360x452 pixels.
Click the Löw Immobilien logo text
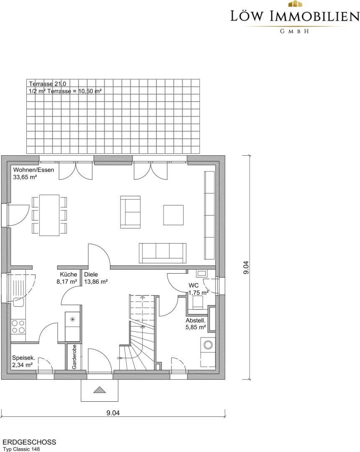(295, 16)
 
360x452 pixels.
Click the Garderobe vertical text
(74, 357)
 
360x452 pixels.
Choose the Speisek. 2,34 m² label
(23, 362)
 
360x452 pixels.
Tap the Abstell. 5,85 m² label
(196, 324)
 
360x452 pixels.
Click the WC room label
(194, 285)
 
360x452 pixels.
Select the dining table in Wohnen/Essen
(49, 215)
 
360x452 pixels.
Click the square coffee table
(174, 215)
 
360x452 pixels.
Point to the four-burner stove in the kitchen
(18, 326)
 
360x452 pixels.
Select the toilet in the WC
(198, 303)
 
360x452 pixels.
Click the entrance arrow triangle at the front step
(100, 390)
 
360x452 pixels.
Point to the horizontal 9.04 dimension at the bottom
(113, 413)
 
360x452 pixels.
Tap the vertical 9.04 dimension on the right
(246, 267)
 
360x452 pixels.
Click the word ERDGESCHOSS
(29, 442)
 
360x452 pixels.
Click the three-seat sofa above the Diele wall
(163, 253)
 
